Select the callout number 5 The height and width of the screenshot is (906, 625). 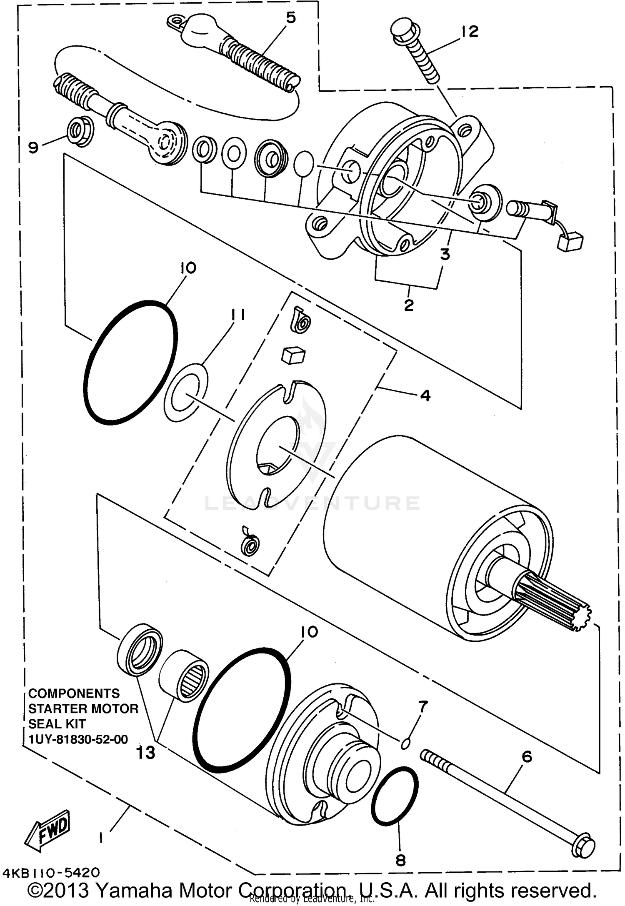tap(290, 18)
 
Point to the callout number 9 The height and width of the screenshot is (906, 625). tap(33, 147)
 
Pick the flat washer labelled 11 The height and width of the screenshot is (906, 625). tap(186, 392)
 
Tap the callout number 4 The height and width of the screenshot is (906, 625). tap(425, 395)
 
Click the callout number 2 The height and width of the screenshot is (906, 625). tap(409, 305)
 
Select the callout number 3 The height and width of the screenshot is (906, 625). tap(445, 254)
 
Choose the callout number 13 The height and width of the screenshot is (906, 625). tap(146, 752)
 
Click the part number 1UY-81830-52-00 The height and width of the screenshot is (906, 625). tap(78, 739)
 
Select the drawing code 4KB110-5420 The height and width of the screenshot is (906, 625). tap(51, 872)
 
